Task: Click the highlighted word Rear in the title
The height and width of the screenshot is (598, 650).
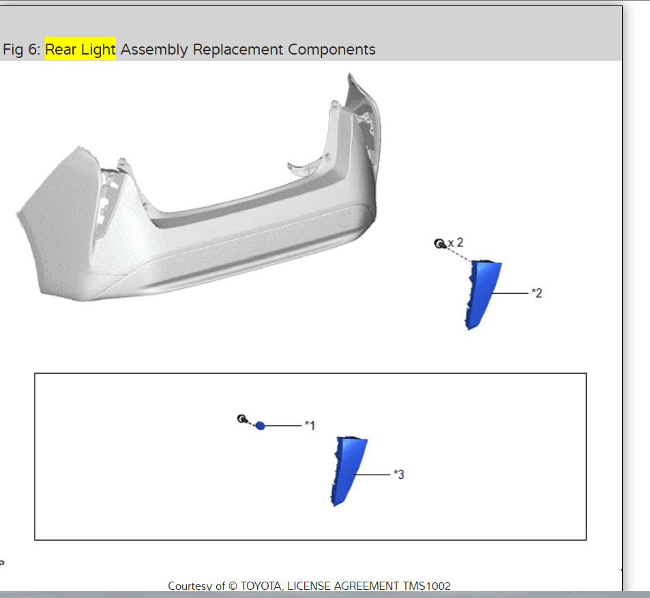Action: tap(61, 49)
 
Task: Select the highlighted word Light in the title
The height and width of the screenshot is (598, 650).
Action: tap(98, 50)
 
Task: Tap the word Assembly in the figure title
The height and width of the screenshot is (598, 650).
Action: tap(154, 50)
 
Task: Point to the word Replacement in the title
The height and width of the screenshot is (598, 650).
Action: tap(238, 50)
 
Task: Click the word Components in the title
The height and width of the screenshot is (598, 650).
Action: tap(331, 50)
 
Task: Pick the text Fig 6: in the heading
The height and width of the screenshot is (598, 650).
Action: tap(22, 50)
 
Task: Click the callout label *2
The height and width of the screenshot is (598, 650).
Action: tap(537, 293)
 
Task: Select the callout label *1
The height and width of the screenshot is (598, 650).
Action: tap(310, 425)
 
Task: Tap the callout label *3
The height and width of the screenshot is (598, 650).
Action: tap(399, 475)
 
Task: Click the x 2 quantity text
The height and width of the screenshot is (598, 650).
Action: tap(456, 243)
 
